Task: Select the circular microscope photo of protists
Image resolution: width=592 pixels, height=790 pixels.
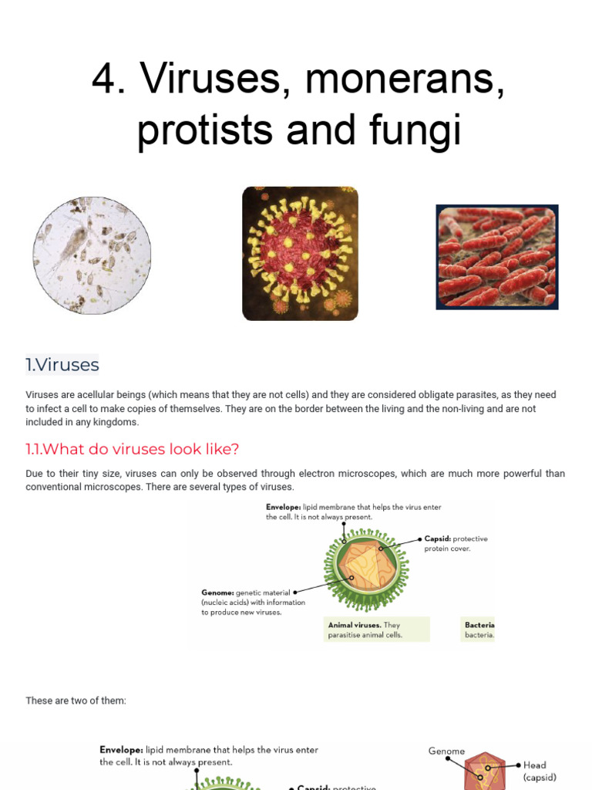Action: [92, 255]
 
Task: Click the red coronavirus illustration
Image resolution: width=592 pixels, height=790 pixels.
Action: [300, 253]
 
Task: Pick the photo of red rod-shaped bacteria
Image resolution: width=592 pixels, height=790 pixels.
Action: [496, 257]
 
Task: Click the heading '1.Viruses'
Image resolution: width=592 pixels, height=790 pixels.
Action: [62, 364]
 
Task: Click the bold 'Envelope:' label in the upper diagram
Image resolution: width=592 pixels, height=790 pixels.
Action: [284, 508]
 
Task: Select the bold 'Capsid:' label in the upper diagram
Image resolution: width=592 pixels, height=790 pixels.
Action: [438, 538]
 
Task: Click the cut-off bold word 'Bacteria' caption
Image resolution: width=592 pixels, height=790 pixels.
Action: [479, 625]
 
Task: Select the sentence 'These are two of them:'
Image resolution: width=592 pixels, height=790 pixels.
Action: [76, 701]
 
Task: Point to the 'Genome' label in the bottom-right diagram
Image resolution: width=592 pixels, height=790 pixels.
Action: [446, 751]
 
